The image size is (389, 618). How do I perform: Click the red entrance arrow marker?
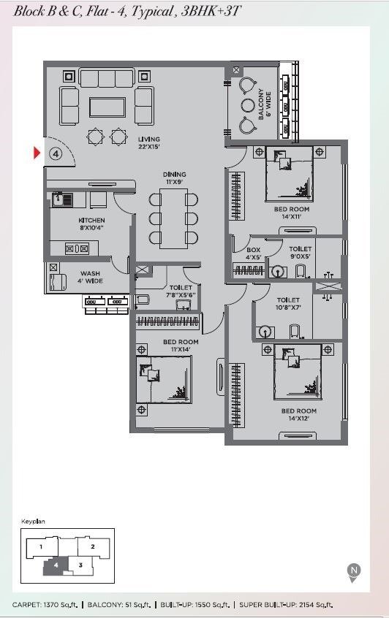(x=37, y=153)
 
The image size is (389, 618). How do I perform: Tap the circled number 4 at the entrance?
(x=56, y=153)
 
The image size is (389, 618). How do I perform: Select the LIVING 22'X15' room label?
(x=149, y=142)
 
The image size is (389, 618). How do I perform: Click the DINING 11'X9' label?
(x=174, y=178)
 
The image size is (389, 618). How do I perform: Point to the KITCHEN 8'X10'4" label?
(x=91, y=224)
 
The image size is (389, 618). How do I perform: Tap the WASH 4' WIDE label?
(x=91, y=277)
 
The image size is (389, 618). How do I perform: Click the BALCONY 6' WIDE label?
(x=265, y=104)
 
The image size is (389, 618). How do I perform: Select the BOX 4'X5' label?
(x=253, y=253)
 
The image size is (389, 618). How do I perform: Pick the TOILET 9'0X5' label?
(x=301, y=252)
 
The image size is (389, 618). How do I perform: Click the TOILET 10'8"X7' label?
(x=288, y=303)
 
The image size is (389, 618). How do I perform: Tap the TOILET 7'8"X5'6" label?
(x=181, y=291)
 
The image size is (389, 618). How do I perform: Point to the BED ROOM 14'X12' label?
(x=298, y=414)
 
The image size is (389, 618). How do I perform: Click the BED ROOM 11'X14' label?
(x=181, y=346)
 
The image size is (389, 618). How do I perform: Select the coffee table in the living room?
(x=107, y=107)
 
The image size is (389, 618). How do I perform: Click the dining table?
(x=173, y=218)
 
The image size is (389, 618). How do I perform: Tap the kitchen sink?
(x=62, y=199)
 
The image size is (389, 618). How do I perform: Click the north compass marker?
(x=354, y=572)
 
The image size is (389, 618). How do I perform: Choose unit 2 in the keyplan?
(x=93, y=547)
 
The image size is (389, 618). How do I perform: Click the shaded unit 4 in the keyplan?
(x=56, y=565)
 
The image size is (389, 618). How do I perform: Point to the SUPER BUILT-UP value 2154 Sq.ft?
(x=316, y=605)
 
